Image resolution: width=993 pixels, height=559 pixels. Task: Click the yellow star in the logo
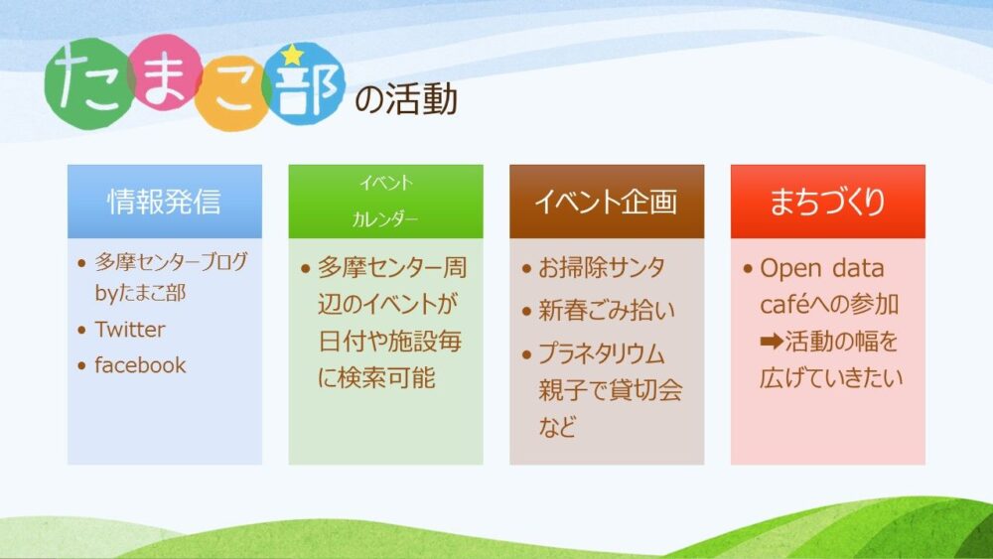pyautogui.click(x=292, y=55)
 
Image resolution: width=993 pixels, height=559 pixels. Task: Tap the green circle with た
pyautogui.click(x=88, y=83)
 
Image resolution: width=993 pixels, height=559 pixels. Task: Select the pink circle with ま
pyautogui.click(x=165, y=72)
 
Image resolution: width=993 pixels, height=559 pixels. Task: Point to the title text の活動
pyautogui.click(x=406, y=99)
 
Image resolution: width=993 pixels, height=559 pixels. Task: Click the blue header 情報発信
pyautogui.click(x=165, y=202)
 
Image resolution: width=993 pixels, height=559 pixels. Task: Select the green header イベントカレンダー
pyautogui.click(x=385, y=202)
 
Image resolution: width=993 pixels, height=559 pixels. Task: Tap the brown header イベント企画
pyautogui.click(x=607, y=202)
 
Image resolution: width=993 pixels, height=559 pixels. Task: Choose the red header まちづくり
pyautogui.click(x=828, y=202)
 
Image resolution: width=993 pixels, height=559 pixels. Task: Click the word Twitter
pyautogui.click(x=130, y=330)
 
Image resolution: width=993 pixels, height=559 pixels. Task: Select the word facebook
pyautogui.click(x=141, y=365)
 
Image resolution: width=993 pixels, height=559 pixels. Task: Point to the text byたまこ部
pyautogui.click(x=140, y=293)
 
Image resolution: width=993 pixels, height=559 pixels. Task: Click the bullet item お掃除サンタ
pyautogui.click(x=602, y=268)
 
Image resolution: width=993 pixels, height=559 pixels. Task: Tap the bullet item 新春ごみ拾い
pyautogui.click(x=607, y=310)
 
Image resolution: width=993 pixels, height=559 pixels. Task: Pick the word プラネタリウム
pyautogui.click(x=602, y=353)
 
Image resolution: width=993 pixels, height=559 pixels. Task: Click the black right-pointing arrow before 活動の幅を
pyautogui.click(x=772, y=342)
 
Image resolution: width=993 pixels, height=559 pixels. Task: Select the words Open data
pyautogui.click(x=822, y=268)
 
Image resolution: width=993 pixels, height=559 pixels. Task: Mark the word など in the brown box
pyautogui.click(x=557, y=427)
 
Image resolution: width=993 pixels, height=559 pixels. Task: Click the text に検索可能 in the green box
pyautogui.click(x=376, y=378)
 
